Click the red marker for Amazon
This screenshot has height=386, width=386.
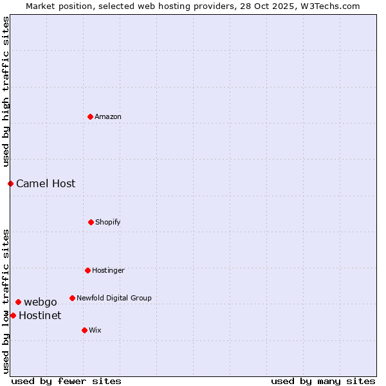point(90,116)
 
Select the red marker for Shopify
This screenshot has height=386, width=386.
point(91,222)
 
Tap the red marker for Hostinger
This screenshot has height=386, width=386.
point(87,270)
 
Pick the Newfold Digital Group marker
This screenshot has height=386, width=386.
point(72,298)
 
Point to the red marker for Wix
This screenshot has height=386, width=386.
point(84,330)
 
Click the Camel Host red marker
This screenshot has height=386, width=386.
point(10,183)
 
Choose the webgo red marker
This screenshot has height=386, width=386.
point(18,302)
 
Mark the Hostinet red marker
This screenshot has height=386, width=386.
point(13,315)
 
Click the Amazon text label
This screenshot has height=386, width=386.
point(108,116)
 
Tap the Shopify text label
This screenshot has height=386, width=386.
point(108,222)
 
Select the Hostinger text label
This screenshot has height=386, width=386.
point(108,270)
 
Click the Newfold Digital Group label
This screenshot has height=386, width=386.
point(114,298)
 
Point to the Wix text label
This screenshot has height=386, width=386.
point(95,330)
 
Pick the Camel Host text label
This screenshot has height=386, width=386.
point(46,183)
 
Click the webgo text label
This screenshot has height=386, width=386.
point(41,302)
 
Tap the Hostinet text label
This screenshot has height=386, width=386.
point(40,315)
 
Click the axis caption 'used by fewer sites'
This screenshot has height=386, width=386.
point(66,381)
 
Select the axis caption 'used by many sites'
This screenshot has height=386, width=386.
point(323,381)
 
